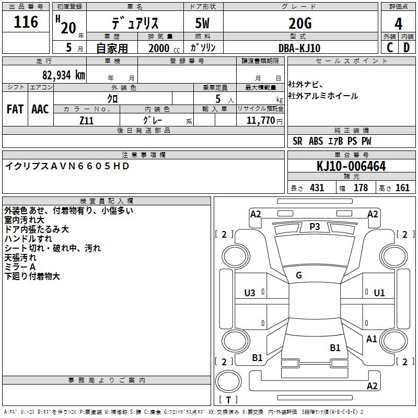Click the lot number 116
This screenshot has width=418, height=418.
point(26,22)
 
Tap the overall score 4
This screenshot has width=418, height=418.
point(399,24)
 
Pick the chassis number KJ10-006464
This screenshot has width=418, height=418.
point(351,166)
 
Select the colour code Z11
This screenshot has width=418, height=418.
point(87,120)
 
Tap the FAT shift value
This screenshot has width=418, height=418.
point(15,109)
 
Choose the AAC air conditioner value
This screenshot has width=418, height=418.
point(40,109)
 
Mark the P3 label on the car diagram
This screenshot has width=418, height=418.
point(315,226)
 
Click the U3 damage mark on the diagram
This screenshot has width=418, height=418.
point(250,293)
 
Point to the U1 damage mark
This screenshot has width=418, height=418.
point(379,293)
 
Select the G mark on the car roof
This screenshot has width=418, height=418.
point(299,275)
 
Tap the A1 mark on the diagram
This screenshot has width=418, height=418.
point(371,339)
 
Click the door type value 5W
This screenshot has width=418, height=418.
point(203,24)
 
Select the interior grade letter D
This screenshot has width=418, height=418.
point(407,48)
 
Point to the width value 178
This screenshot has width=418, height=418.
point(361,188)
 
